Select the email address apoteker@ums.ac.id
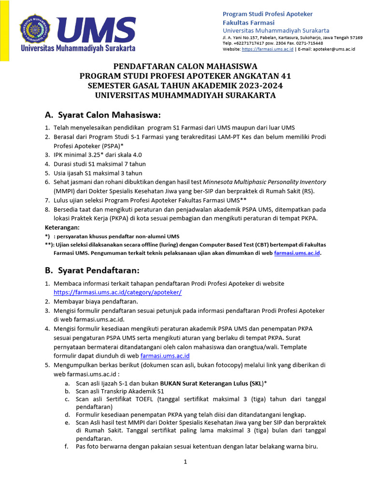coord(334,49)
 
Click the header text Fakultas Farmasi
coord(248,22)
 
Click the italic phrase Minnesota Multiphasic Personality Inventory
coord(264,182)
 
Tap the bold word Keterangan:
coord(62,227)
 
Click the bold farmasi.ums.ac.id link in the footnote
coord(297,253)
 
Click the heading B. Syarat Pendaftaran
coord(92,270)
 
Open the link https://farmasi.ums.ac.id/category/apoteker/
coord(117,292)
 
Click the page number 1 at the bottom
coord(185,462)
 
